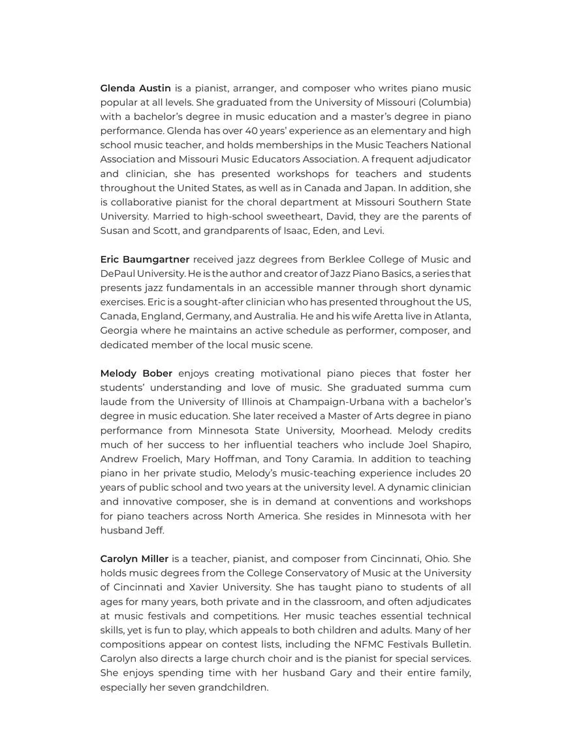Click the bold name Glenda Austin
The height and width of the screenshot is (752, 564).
pyautogui.click(x=135, y=88)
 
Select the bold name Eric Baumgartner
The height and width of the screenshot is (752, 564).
pyautogui.click(x=144, y=259)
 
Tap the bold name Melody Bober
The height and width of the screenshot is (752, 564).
pyautogui.click(x=136, y=373)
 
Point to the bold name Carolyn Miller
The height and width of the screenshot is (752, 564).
pyautogui.click(x=134, y=559)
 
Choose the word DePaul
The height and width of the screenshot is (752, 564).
pyautogui.click(x=117, y=274)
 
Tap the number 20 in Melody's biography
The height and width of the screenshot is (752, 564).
pyautogui.click(x=464, y=473)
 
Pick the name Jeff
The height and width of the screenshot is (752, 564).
pyautogui.click(x=154, y=530)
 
